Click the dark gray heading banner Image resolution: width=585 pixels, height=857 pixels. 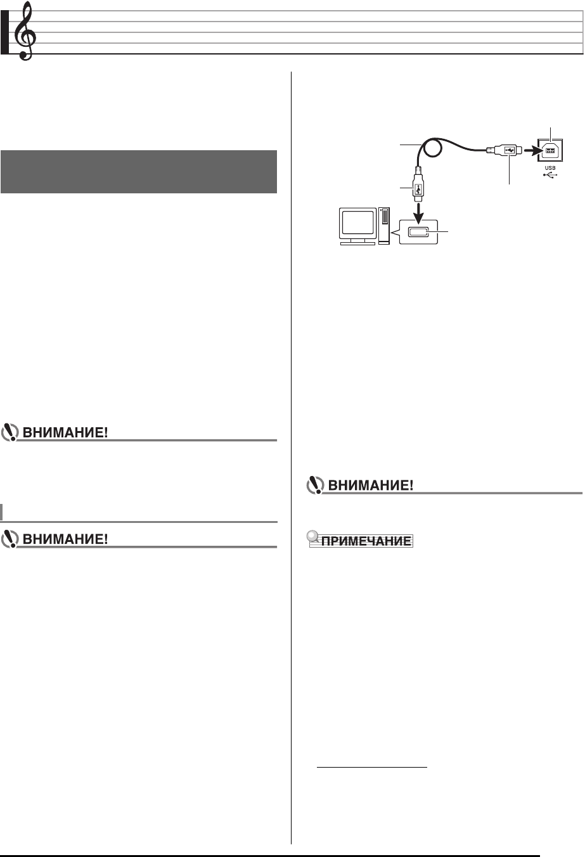139,171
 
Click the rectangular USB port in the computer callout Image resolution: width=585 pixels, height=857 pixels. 419,233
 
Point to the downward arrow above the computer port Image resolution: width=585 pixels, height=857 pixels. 419,209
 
